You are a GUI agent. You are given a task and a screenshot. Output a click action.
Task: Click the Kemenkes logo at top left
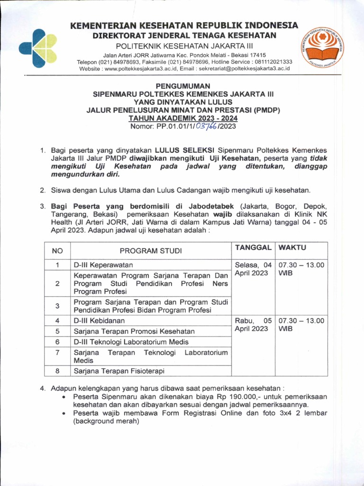(x=38, y=48)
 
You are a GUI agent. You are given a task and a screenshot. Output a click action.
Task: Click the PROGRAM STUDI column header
(x=150, y=251)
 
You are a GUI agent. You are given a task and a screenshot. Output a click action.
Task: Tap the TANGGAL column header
(x=253, y=248)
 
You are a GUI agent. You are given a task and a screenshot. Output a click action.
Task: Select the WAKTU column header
(x=292, y=248)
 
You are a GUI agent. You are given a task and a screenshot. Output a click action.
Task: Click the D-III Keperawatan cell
(x=103, y=265)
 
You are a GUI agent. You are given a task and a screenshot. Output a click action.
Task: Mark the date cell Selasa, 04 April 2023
(x=253, y=269)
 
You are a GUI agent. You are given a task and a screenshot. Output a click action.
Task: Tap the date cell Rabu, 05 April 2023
(x=253, y=325)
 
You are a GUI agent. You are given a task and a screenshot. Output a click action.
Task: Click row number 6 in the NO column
(x=57, y=342)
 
